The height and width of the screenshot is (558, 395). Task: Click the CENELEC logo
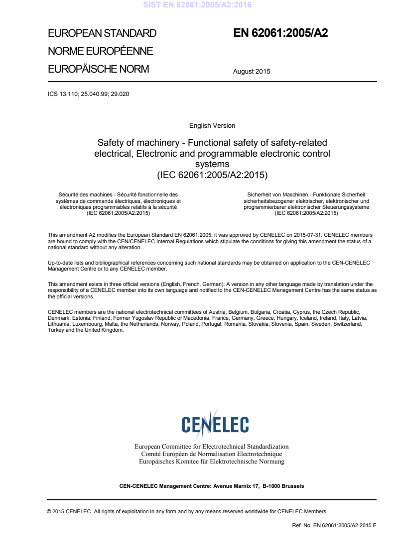[215, 424]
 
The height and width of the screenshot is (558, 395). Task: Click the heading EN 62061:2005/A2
[280, 33]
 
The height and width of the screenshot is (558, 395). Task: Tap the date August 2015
[252, 71]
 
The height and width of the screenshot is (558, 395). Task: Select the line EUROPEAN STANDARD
[102, 34]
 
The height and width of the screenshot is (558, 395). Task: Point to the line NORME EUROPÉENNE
[100, 51]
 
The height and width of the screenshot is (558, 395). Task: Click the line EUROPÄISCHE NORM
[98, 69]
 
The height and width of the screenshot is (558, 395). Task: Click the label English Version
[212, 126]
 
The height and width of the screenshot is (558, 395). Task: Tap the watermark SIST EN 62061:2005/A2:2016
[197, 5]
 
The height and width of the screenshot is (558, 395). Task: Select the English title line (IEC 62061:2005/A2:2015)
[212, 175]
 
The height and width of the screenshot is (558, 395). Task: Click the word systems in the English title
[212, 164]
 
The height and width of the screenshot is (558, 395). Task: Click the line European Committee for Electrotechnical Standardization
[212, 447]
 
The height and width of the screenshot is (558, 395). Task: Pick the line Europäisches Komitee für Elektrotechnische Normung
[212, 462]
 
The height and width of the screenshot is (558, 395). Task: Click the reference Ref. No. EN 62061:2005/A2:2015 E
[334, 525]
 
